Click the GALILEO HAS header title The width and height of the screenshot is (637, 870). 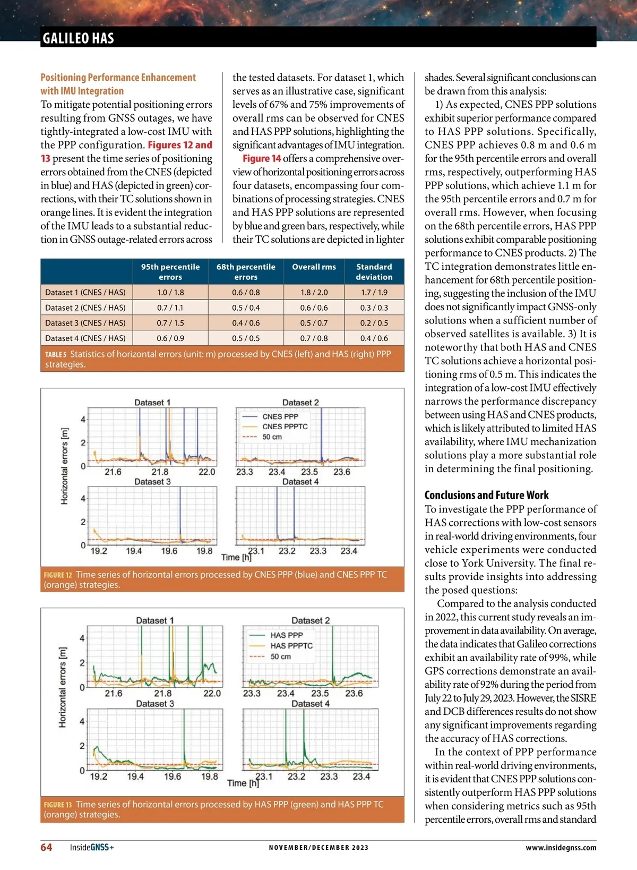(x=78, y=38)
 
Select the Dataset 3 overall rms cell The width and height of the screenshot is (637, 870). (x=314, y=323)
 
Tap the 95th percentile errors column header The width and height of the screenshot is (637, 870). (x=170, y=271)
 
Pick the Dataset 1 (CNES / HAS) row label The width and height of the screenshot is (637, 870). (x=85, y=292)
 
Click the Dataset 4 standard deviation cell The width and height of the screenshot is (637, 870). (x=374, y=338)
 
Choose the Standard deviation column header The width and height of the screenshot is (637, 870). (x=374, y=271)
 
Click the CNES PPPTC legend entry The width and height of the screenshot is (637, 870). (x=285, y=427)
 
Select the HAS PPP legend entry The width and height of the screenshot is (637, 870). (x=287, y=635)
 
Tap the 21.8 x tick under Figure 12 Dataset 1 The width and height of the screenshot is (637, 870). (x=160, y=472)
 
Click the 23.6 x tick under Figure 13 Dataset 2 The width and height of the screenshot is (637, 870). (x=354, y=693)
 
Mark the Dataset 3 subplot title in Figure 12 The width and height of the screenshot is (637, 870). (x=152, y=482)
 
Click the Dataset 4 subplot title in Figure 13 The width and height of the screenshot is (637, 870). (x=311, y=704)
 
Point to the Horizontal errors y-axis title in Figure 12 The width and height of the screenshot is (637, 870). (x=65, y=466)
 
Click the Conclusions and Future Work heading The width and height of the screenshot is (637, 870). (x=486, y=495)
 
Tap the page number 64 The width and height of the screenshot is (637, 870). (x=46, y=847)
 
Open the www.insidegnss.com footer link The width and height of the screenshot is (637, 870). (x=561, y=848)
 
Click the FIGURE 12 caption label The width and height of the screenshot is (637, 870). (x=57, y=575)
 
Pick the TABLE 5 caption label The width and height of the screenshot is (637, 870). (x=56, y=354)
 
